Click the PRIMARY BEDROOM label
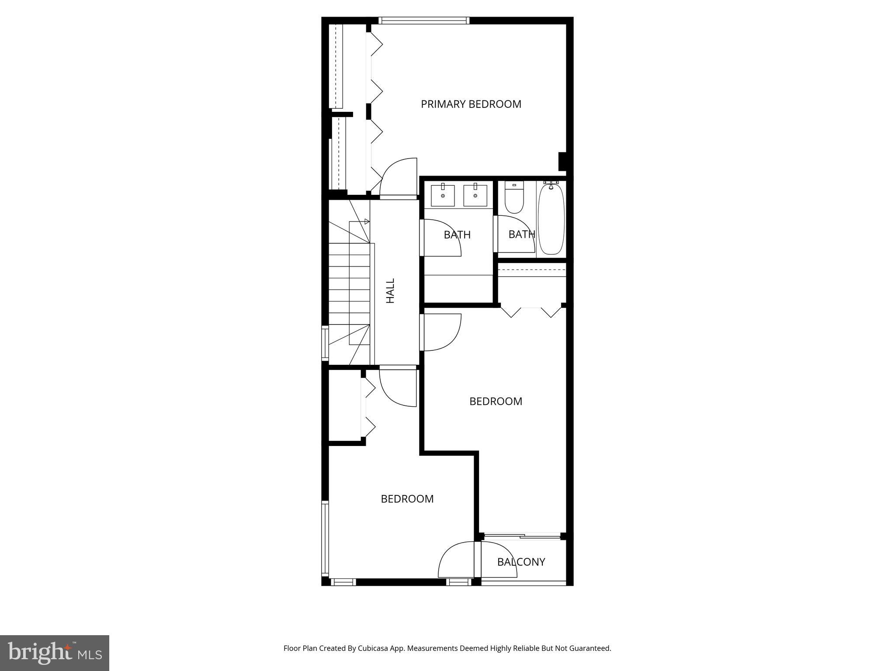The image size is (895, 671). coord(471,104)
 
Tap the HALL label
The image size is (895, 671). coord(390,291)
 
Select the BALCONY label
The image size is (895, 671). coord(521,562)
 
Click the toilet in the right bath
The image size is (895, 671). coord(514,199)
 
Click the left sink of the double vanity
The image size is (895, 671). coord(443,196)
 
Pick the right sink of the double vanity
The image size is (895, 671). coord(475,196)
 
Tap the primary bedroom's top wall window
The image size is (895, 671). coord(423,20)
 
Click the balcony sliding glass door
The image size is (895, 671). coord(522,536)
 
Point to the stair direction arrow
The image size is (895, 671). coord(367,221)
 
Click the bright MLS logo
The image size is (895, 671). coord(55,653)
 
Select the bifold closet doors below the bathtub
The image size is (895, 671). coord(531,311)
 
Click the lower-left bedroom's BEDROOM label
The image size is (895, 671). coord(407,499)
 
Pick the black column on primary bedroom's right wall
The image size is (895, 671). coord(562,161)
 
